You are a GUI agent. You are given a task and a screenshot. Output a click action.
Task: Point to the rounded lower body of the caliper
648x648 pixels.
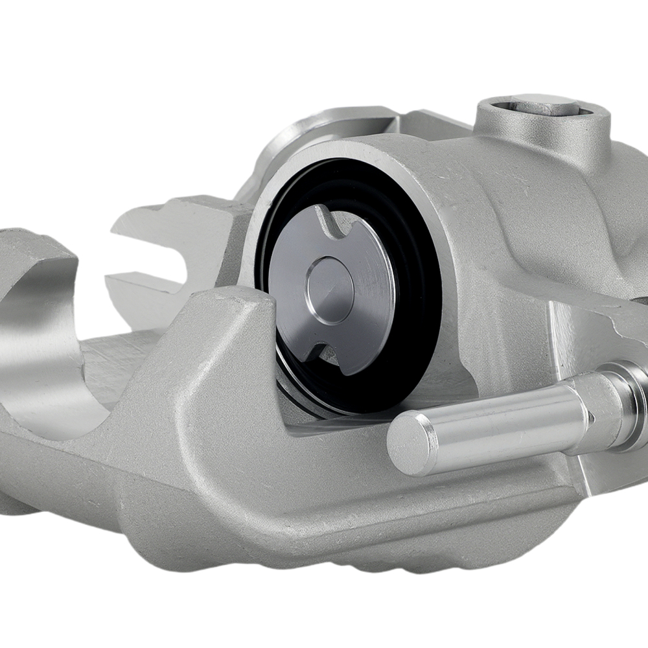[x=324, y=518]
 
